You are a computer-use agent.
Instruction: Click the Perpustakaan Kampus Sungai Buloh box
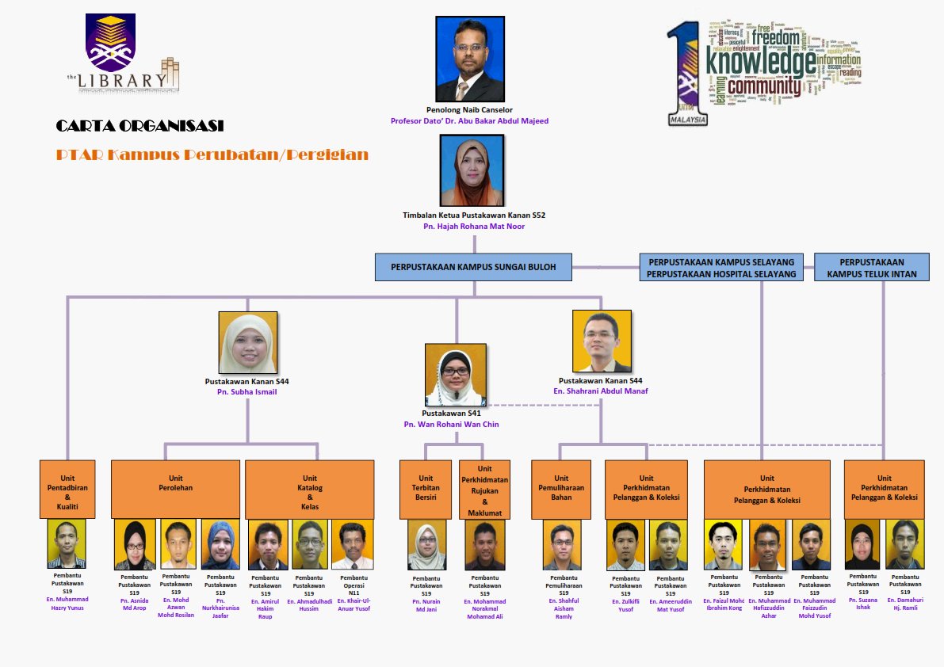(x=474, y=267)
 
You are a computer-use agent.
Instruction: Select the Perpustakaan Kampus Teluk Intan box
(x=872, y=267)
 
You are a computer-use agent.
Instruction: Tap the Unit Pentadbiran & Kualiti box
(x=67, y=489)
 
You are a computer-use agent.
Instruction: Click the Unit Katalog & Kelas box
(x=309, y=489)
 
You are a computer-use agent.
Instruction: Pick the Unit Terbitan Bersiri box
(x=426, y=489)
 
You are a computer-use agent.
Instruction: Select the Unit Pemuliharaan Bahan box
(x=561, y=489)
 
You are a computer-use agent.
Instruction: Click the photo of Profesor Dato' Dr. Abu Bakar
(x=470, y=59)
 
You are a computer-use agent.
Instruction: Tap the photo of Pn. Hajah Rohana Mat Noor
(x=472, y=170)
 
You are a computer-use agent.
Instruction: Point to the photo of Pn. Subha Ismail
(x=247, y=342)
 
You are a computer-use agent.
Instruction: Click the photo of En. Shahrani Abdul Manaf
(x=602, y=341)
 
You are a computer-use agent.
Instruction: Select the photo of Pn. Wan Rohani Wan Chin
(x=455, y=375)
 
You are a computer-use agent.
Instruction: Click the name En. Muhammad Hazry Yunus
(x=67, y=604)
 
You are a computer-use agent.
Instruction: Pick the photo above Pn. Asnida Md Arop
(x=135, y=544)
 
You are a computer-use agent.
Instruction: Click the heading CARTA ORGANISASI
(x=139, y=126)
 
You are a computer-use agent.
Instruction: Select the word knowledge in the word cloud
(x=760, y=60)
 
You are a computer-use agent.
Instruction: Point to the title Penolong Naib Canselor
(x=469, y=109)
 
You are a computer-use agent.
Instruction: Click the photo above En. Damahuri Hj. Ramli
(x=904, y=544)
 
